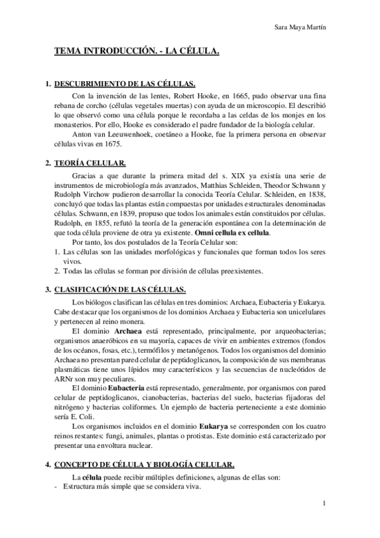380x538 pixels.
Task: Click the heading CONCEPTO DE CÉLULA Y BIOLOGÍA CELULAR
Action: pos(144,464)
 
